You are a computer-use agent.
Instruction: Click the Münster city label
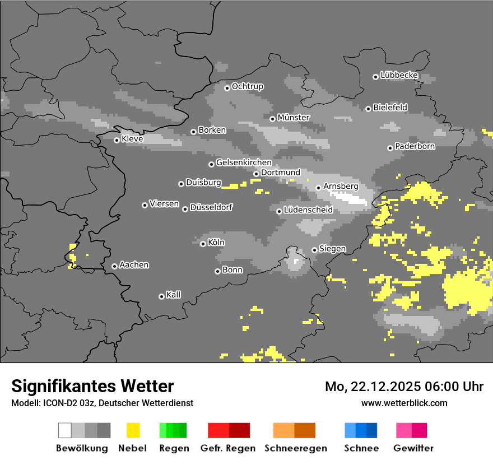pos(294,118)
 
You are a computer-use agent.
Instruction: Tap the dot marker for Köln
pos(203,244)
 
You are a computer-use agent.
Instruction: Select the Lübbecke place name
pos(399,75)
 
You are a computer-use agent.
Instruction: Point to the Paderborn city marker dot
pos(390,148)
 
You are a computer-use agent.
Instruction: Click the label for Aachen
pos(134,265)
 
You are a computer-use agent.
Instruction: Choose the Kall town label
pos(173,295)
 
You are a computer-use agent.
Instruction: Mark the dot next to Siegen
pos(314,250)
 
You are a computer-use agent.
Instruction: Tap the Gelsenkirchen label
pos(244,162)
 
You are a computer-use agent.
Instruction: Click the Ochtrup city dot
pos(227,87)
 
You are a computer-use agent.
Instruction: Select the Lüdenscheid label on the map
pos(308,210)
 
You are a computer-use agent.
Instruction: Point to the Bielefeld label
pos(390,107)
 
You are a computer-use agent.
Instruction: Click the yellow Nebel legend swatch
pos(133,430)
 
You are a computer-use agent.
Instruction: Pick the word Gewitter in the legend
pos(413,448)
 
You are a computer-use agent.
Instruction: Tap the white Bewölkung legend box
pos(65,430)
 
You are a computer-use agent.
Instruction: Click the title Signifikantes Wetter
pos(92,386)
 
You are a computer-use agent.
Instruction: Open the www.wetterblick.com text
pos(404,403)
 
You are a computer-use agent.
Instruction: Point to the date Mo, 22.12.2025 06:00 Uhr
pos(404,387)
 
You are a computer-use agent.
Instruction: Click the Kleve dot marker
pos(117,140)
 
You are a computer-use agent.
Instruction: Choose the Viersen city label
pos(164,204)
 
